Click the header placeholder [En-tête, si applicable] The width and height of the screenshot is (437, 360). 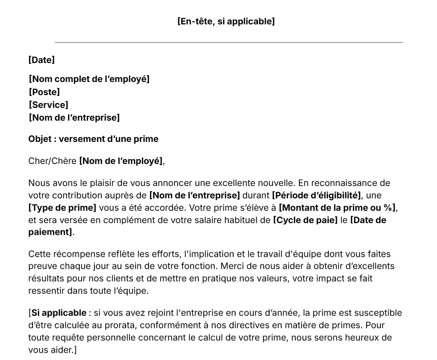[x=226, y=22]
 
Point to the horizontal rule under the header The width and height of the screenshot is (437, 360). [x=229, y=43]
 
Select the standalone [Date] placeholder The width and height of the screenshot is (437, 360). [x=41, y=60]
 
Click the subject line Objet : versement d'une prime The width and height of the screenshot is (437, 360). [x=93, y=139]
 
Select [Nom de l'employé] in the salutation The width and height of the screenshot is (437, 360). [x=121, y=161]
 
